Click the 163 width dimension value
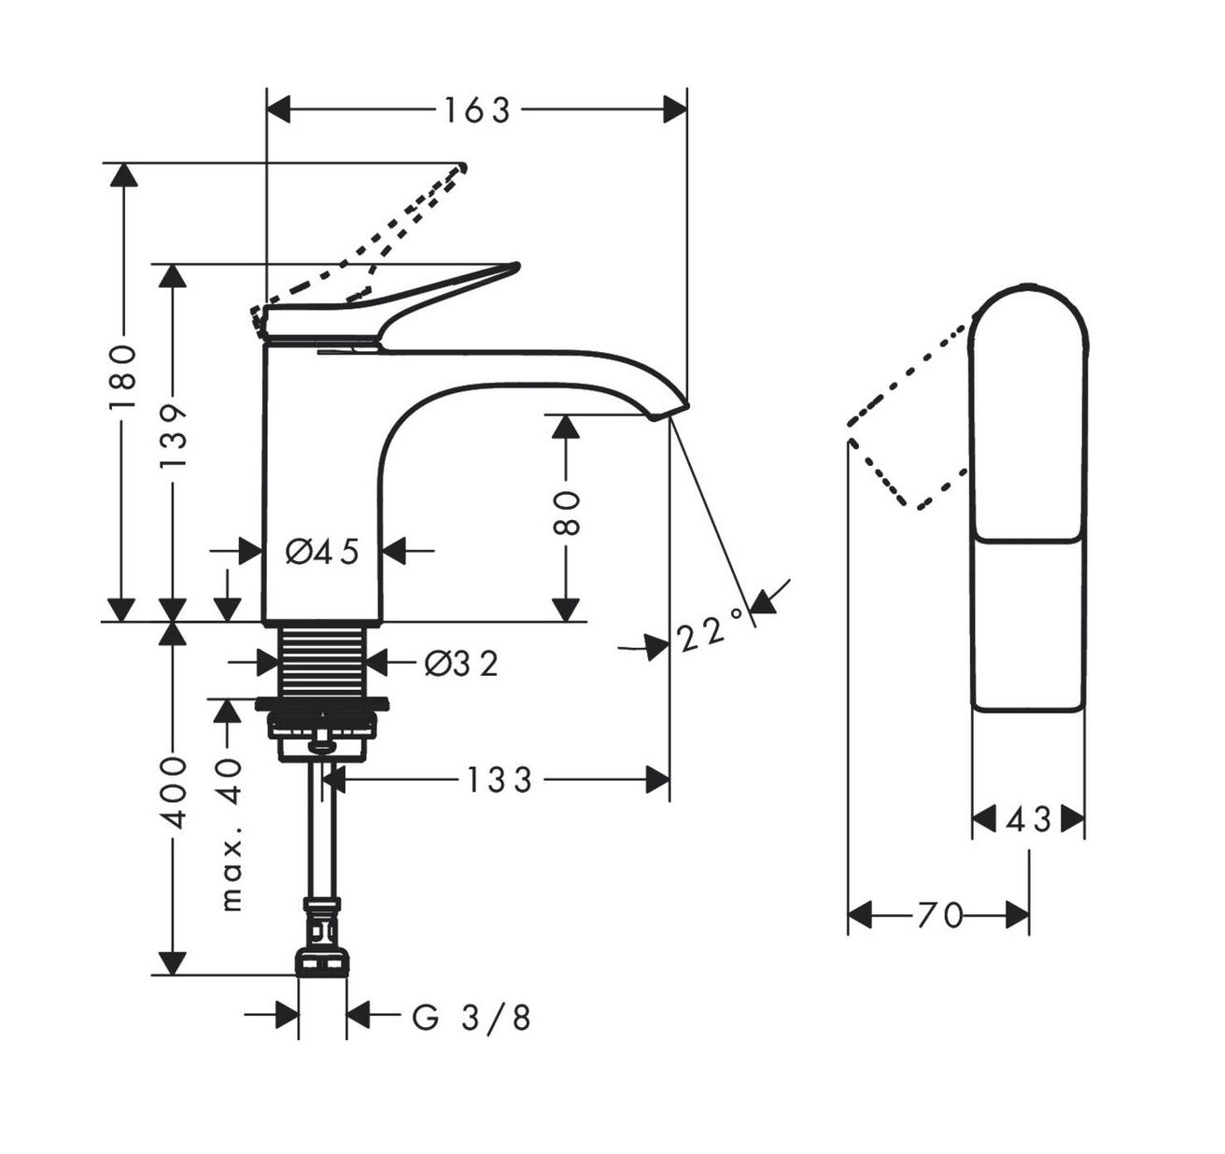[477, 111]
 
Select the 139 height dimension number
[172, 436]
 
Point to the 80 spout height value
[565, 513]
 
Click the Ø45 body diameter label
[322, 551]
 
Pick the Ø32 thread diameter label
[460, 664]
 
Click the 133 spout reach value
[499, 780]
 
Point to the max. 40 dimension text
[230, 837]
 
